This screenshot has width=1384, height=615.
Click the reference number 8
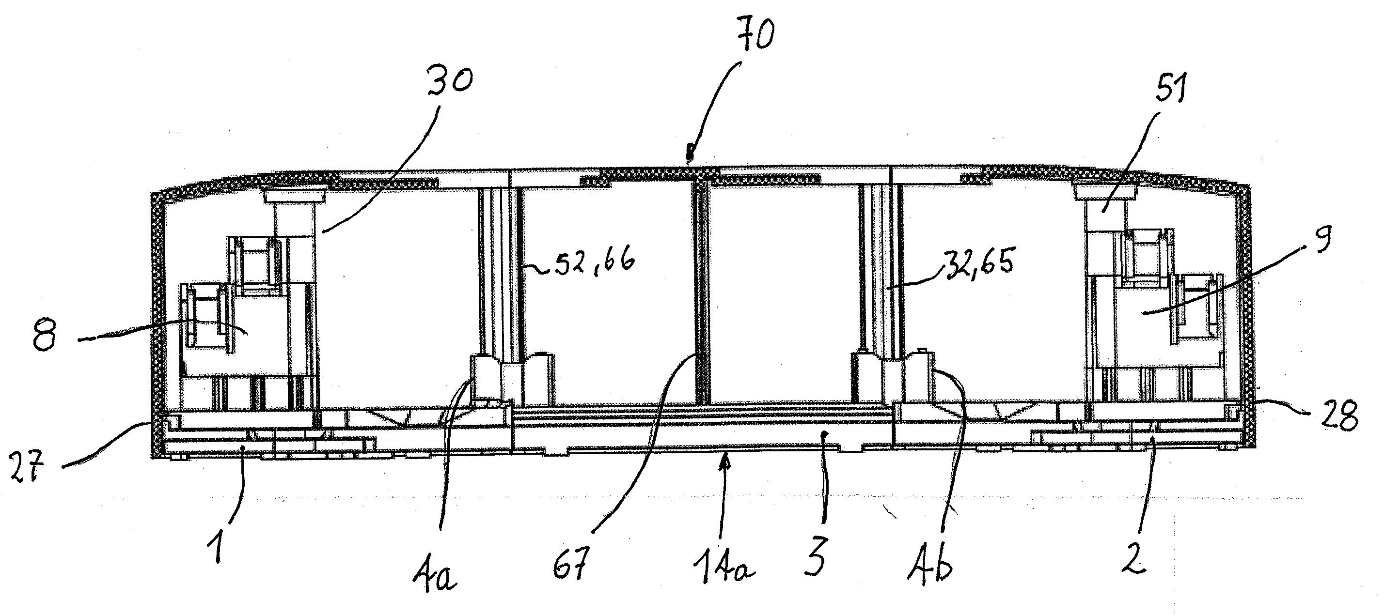(44, 335)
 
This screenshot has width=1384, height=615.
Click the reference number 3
(816, 557)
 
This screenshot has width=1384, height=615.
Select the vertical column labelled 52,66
(499, 271)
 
